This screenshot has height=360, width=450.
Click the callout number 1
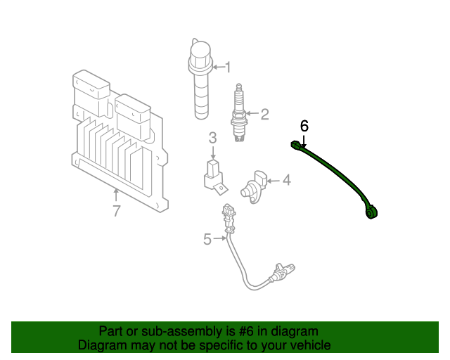pyautogui.click(x=227, y=67)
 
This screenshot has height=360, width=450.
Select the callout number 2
pyautogui.click(x=264, y=115)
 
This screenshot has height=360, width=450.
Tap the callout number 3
pyautogui.click(x=212, y=139)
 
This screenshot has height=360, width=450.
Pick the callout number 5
pyautogui.click(x=207, y=239)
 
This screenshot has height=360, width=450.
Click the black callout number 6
pyautogui.click(x=304, y=126)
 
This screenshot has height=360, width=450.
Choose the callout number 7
pyautogui.click(x=117, y=210)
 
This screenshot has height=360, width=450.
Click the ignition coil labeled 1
pyautogui.click(x=202, y=84)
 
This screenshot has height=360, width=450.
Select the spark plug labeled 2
pyautogui.click(x=238, y=116)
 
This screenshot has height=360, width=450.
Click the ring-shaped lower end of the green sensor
pyautogui.click(x=373, y=211)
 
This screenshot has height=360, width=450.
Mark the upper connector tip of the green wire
pyautogui.click(x=295, y=145)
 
